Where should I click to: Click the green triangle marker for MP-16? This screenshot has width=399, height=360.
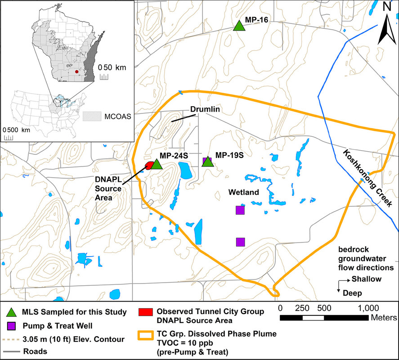point(240,26)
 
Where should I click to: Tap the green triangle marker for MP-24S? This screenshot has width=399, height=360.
point(156,164)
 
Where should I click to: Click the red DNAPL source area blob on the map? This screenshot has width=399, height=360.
point(149,166)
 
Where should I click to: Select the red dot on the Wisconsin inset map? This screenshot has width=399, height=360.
point(76,71)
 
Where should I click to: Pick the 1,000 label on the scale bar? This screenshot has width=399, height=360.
point(368,309)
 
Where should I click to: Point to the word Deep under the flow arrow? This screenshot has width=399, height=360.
point(353,292)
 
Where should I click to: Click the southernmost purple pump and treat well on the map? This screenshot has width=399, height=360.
point(240,242)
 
